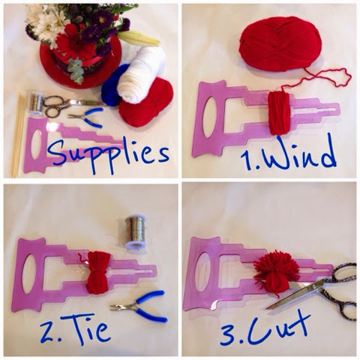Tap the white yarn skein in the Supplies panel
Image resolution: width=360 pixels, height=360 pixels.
point(142,75)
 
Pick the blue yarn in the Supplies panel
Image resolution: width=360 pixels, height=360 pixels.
point(114,85)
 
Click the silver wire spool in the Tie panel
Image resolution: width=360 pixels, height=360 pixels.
point(136,232)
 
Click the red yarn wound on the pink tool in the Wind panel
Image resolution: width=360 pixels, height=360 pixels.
point(279,113)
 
